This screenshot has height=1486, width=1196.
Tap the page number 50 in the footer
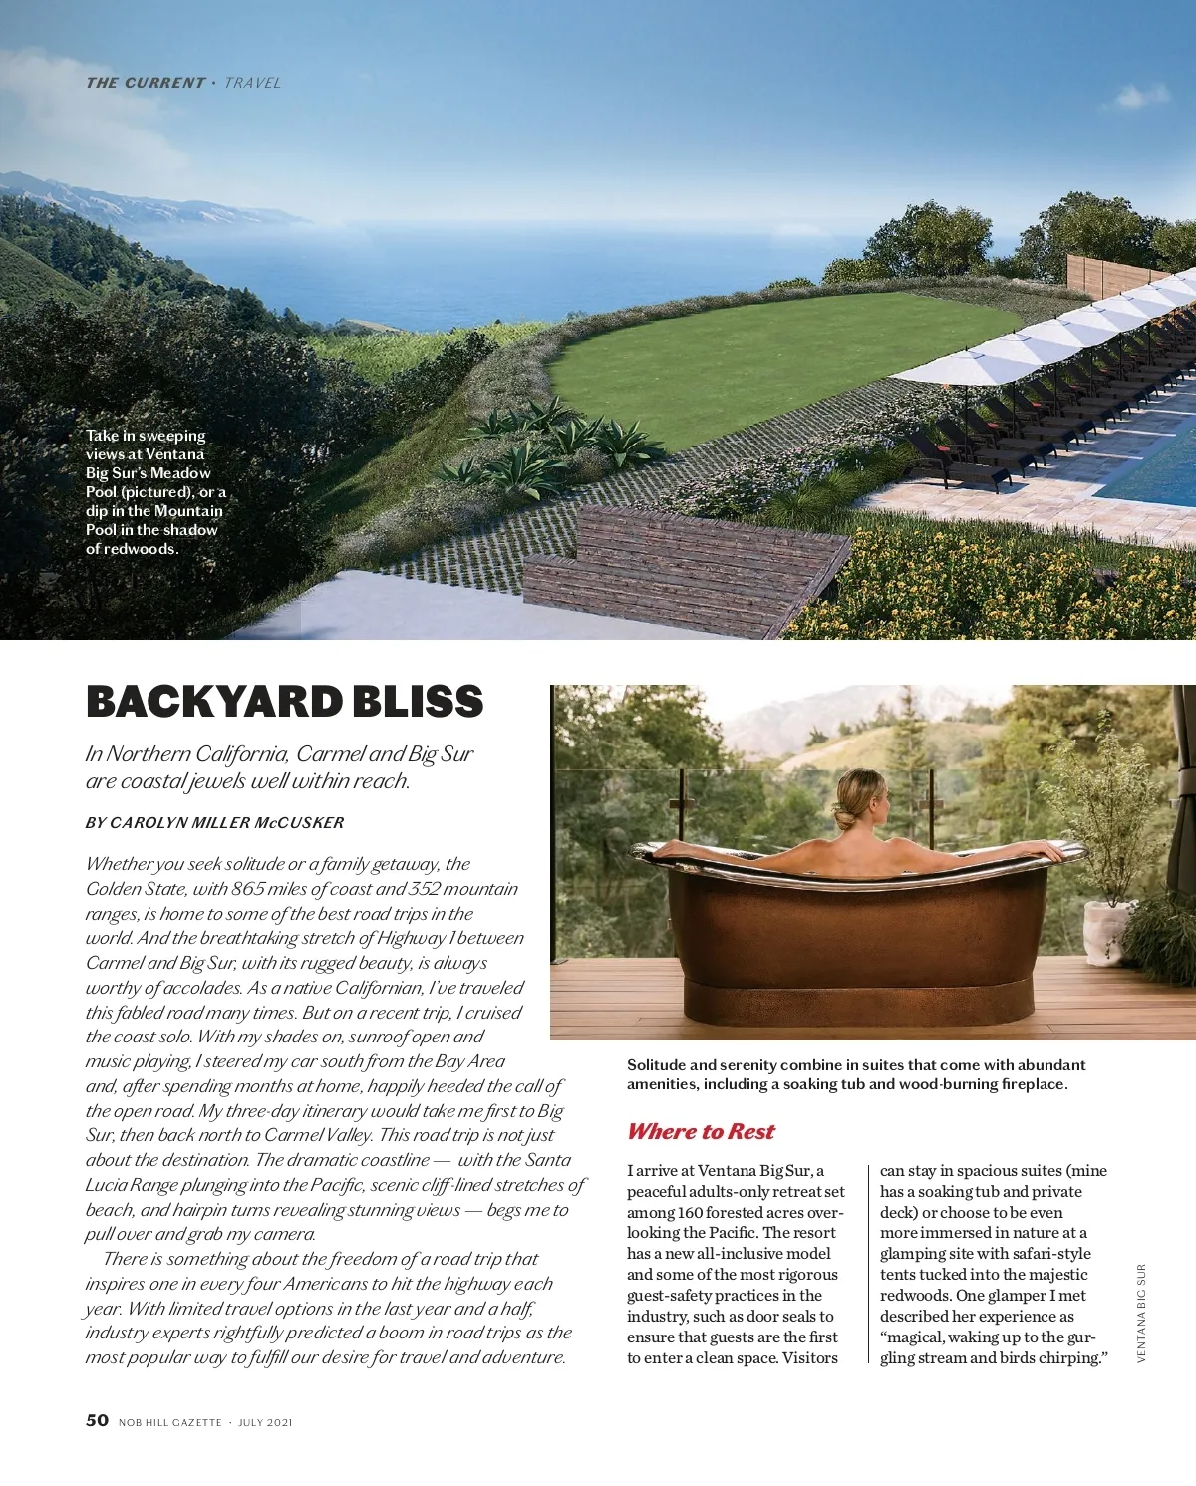(x=97, y=1420)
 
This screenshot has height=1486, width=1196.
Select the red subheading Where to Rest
(x=701, y=1131)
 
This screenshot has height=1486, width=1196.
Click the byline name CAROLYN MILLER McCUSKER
(x=226, y=823)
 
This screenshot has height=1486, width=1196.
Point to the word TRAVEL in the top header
(x=252, y=83)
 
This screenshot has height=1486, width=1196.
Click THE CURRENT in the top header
(x=146, y=83)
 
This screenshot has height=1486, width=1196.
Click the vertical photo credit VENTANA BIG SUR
(x=1141, y=1314)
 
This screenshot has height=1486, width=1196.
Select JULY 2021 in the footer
(x=265, y=1422)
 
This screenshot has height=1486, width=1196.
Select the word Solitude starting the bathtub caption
(x=656, y=1065)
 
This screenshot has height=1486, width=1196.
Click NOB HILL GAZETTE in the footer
(x=169, y=1422)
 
